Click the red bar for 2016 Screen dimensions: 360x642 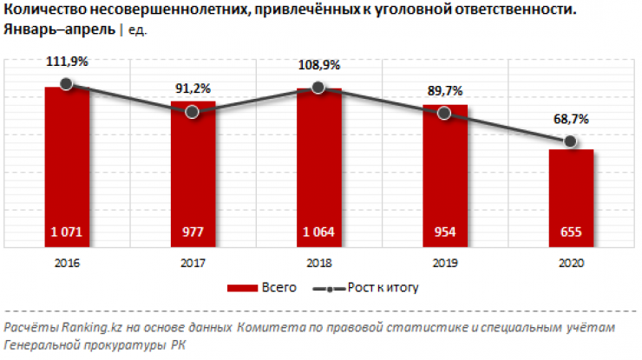tap(67, 160)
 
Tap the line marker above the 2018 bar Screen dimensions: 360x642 tap(318, 88)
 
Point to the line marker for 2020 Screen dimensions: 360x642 tap(570, 141)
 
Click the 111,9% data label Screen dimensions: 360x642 tap(67, 62)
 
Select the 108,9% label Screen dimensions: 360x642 tap(318, 65)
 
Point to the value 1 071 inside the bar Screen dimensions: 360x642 tap(67, 232)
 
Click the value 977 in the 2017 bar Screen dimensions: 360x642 tap(193, 232)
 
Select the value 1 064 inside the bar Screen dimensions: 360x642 tap(318, 232)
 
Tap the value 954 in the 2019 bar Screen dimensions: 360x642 tap(444, 232)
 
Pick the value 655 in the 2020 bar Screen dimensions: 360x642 tap(570, 232)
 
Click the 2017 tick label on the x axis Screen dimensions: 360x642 tap(193, 262)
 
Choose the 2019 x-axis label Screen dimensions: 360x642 tap(444, 262)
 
